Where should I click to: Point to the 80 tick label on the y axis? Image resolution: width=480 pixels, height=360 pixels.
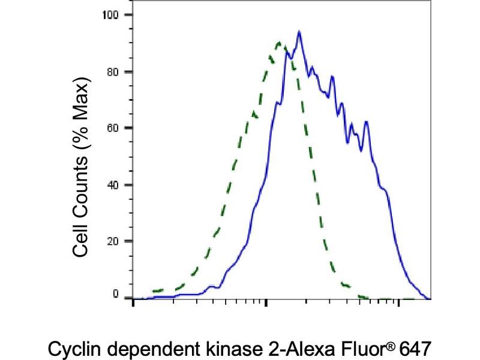[112, 71]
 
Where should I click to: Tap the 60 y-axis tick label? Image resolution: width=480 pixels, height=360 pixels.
[112, 128]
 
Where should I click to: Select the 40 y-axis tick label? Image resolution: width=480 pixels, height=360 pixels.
[112, 185]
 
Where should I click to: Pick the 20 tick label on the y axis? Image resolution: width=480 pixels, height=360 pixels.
[112, 241]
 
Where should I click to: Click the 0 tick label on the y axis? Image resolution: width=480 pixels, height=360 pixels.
[115, 294]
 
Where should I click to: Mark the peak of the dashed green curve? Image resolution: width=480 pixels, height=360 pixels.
[278, 42]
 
